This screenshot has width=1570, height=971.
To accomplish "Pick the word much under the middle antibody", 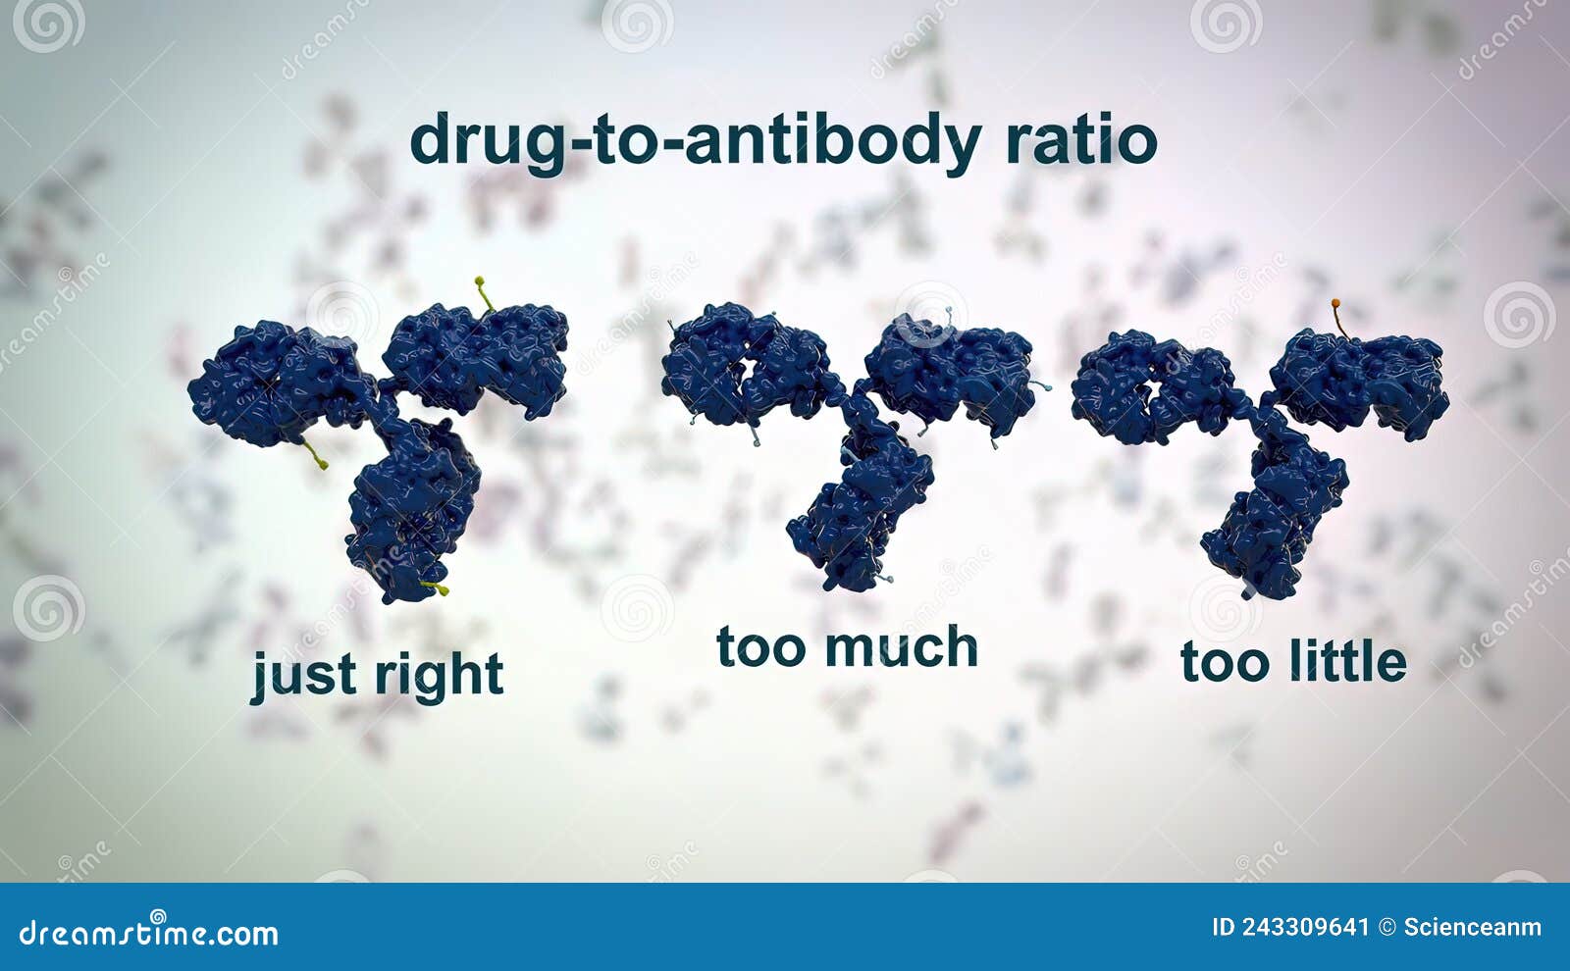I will point(902,648).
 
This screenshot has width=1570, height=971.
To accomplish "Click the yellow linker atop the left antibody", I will point(483,292).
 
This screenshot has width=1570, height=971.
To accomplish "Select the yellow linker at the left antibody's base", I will point(434,588).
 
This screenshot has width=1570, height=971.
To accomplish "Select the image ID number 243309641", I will point(1305,927).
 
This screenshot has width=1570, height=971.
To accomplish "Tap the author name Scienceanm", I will point(1472,927).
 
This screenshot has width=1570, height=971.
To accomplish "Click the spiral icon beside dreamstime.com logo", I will point(157,916).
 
